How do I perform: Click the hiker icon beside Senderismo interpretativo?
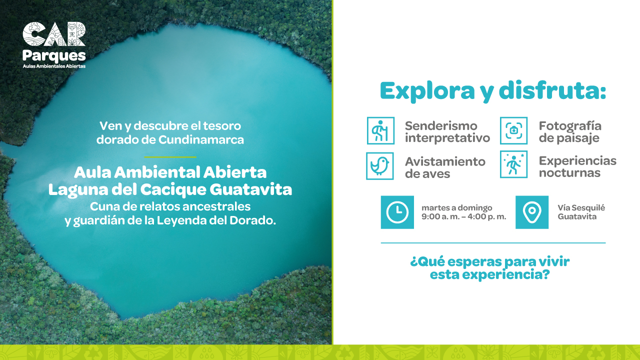click(x=380, y=130)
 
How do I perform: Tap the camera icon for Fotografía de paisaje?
click(x=513, y=130)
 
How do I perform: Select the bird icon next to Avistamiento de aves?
click(x=379, y=166)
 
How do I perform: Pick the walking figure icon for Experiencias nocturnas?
click(x=513, y=164)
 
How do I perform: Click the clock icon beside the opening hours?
click(x=397, y=212)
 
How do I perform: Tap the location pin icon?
click(x=532, y=212)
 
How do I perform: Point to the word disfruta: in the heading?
click(x=552, y=90)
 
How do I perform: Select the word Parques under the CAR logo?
click(x=54, y=56)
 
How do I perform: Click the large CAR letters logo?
click(x=54, y=34)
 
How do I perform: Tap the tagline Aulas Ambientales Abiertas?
click(x=54, y=66)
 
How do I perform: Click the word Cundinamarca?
click(x=201, y=139)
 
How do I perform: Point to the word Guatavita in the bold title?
click(x=251, y=189)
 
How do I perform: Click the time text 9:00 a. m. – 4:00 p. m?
click(x=463, y=216)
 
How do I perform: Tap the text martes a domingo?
click(x=457, y=207)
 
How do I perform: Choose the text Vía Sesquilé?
click(x=581, y=207)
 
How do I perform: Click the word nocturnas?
click(x=569, y=173)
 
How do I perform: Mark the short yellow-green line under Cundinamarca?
click(x=170, y=157)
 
